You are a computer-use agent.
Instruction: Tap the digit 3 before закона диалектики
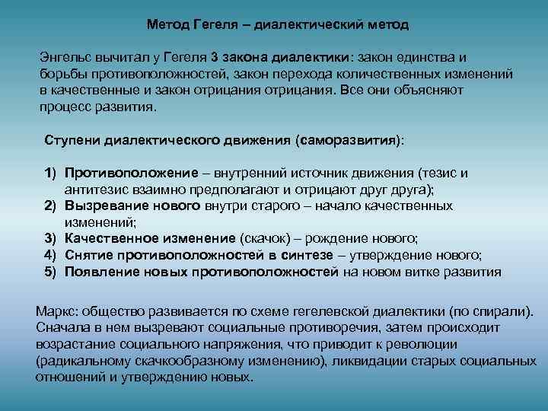(x=215, y=57)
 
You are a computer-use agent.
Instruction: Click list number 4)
(x=50, y=254)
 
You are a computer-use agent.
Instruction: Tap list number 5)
(x=50, y=271)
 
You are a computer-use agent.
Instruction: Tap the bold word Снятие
(x=88, y=254)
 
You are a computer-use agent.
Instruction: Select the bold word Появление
(x=100, y=271)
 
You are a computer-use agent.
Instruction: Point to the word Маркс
(x=56, y=312)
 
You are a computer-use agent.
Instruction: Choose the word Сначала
(x=62, y=329)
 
